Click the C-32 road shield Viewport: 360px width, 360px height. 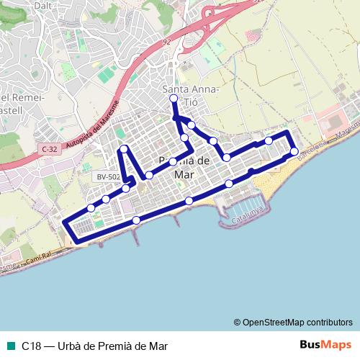click(x=50, y=149)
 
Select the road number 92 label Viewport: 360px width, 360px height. click(x=167, y=42)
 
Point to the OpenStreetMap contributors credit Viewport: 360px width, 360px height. click(x=292, y=322)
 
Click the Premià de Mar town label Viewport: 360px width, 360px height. click(x=183, y=166)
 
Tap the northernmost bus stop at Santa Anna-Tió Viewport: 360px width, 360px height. click(x=174, y=99)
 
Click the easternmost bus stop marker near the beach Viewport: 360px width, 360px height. click(x=294, y=150)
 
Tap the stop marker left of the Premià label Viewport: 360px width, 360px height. click(x=149, y=175)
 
